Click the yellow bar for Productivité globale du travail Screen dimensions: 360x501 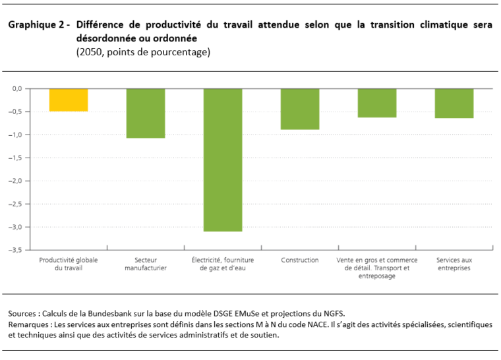[69, 100]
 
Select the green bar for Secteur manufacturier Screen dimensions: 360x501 [146, 113]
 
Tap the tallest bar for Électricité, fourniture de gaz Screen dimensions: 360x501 [223, 160]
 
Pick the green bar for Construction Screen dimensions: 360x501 [300, 109]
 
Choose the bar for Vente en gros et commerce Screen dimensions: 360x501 [377, 103]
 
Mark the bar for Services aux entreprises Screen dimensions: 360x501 [454, 103]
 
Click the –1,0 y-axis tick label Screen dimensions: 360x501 [16, 135]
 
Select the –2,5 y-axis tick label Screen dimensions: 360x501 [16, 204]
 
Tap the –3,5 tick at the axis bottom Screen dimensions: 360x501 [16, 250]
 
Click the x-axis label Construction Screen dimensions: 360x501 [300, 260]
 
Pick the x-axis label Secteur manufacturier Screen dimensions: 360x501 [146, 264]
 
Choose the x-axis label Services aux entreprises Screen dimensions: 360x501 [454, 264]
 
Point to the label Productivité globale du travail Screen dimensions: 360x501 [69, 264]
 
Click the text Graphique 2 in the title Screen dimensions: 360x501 [37, 25]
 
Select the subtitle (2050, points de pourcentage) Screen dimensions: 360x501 [143, 52]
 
